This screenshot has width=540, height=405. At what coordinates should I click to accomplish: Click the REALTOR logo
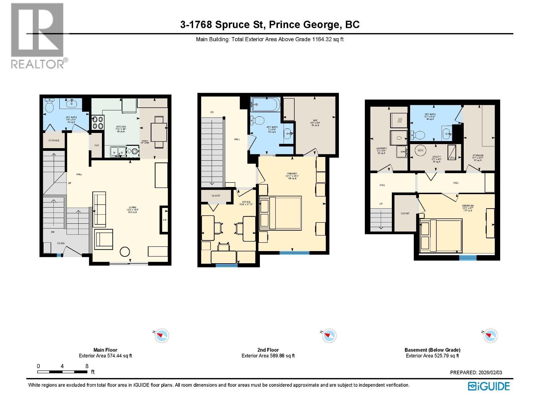pyautogui.click(x=37, y=35)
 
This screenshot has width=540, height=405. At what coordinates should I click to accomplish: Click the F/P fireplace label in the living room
pyautogui.click(x=165, y=220)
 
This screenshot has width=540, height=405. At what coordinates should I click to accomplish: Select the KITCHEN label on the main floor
pyautogui.click(x=121, y=127)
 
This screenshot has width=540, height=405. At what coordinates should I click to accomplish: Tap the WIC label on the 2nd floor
pyautogui.click(x=315, y=120)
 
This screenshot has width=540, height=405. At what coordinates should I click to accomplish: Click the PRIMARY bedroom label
pyautogui.click(x=292, y=174)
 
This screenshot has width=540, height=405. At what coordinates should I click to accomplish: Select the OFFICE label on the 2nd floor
pyautogui.click(x=246, y=202)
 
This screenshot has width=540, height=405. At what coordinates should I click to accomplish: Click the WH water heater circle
pyautogui.click(x=421, y=151)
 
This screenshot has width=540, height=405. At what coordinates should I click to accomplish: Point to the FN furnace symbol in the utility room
pyautogui.click(x=452, y=153)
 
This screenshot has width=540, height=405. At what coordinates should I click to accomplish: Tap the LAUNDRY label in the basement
pyautogui.click(x=381, y=148)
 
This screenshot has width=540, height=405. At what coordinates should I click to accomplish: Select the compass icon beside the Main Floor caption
pyautogui.click(x=161, y=336)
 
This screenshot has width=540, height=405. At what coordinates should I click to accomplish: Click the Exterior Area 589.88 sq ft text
pyautogui.click(x=268, y=356)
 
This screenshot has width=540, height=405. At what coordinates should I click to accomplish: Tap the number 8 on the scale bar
pyautogui.click(x=87, y=366)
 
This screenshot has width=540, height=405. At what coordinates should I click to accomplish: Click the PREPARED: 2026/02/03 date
pyautogui.click(x=476, y=373)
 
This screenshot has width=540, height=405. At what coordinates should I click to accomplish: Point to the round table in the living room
pyautogui.click(x=125, y=252)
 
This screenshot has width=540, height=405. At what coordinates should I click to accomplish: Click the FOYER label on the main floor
pyautogui.click(x=60, y=243)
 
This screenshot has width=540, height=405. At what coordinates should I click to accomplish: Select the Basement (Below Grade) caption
pyautogui.click(x=432, y=350)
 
